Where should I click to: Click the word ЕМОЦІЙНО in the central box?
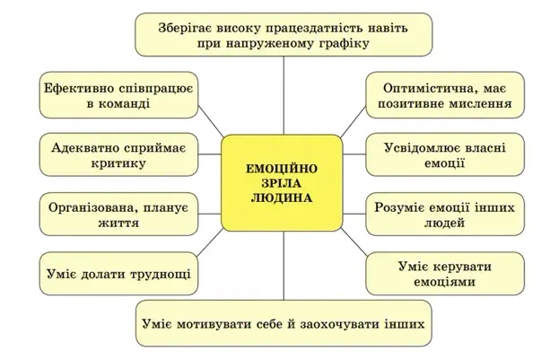282,168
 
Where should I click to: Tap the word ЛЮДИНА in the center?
282,198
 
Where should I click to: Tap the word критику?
118,163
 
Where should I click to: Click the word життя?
118,223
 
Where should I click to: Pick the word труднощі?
161,274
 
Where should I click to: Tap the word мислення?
480,104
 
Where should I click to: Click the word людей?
445,223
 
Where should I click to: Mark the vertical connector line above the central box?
284,95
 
